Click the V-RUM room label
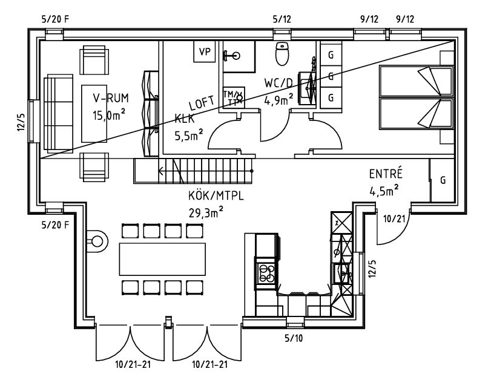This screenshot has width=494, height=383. (x=110, y=98)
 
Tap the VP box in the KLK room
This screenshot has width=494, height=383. (x=205, y=52)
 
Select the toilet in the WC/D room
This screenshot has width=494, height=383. (x=282, y=53)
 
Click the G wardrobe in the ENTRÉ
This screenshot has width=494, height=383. (x=443, y=180)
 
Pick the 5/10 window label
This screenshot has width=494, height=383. (x=294, y=337)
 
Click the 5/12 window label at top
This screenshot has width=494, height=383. (x=282, y=19)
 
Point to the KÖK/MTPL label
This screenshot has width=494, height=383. (x=211, y=196)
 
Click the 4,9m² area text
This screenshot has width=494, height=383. (x=279, y=100)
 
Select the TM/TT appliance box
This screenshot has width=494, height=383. (x=233, y=97)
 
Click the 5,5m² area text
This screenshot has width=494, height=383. (x=189, y=136)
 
